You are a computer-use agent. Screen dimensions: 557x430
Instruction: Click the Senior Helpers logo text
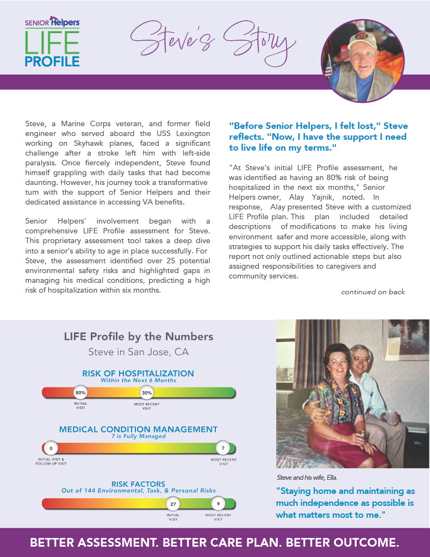coord(52,22)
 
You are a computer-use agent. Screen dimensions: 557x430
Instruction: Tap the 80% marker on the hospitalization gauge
coord(81,392)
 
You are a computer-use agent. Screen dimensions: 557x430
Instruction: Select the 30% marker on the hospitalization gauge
coord(147,392)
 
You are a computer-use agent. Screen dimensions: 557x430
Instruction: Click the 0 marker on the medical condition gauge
coord(51,448)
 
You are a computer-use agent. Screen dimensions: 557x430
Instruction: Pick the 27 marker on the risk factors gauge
coord(173,504)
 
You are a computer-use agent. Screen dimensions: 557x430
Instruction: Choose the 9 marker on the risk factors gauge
coord(218,504)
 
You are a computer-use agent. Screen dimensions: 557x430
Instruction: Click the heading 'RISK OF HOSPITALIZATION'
coord(138,374)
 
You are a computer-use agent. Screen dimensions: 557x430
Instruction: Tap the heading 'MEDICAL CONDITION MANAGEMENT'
coord(138,429)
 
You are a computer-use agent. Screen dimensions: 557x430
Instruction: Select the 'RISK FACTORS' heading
coord(138,484)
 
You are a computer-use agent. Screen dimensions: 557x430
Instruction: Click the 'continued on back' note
coord(373,292)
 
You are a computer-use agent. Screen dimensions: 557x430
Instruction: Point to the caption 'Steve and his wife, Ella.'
coord(307,478)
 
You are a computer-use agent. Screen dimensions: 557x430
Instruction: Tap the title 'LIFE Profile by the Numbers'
coord(139,337)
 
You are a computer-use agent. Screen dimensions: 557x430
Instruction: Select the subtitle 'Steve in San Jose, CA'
coord(139,352)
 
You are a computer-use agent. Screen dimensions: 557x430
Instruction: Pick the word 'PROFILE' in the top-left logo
coord(52,60)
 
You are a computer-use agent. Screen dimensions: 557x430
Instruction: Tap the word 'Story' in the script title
coord(258,41)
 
